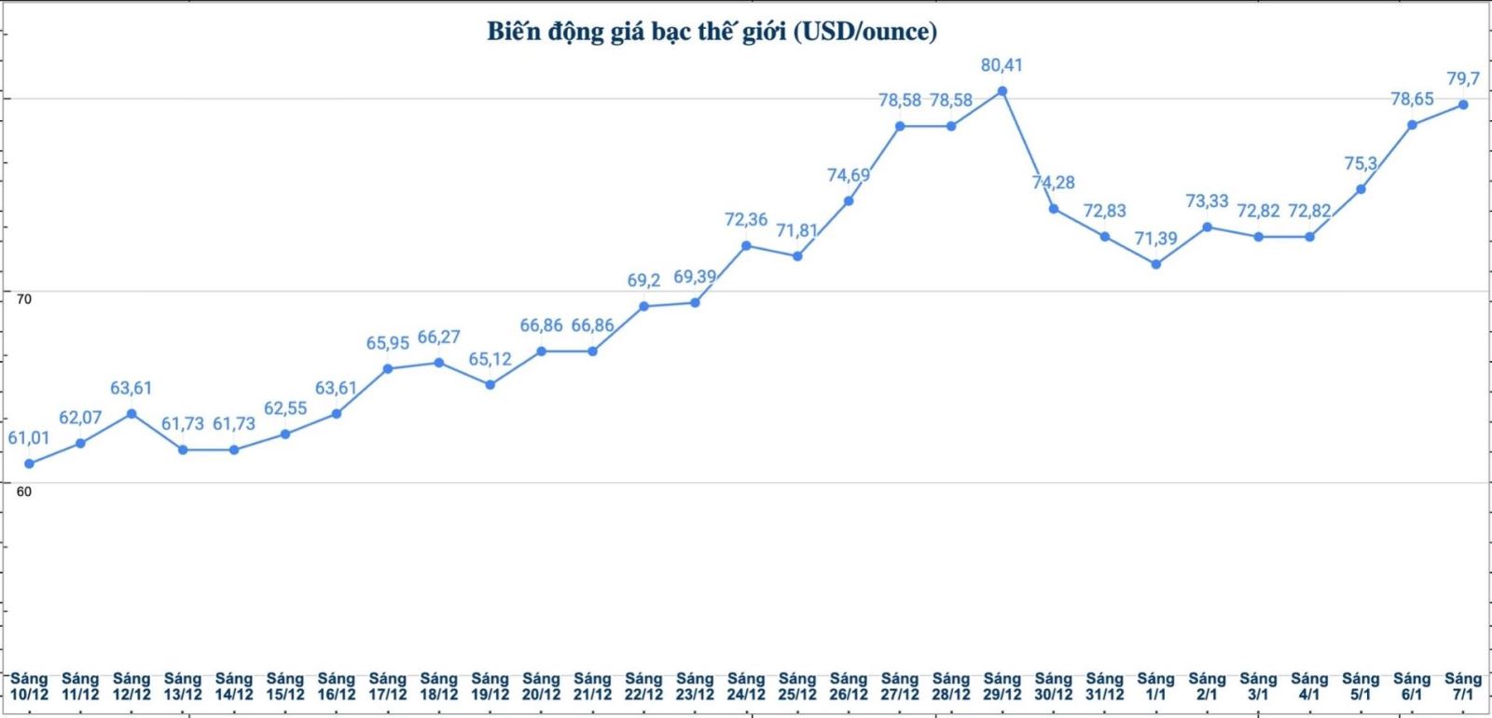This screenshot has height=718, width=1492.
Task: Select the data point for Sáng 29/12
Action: point(1002,91)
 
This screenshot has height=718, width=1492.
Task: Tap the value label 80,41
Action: point(1002,65)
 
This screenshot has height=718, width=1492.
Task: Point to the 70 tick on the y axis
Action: point(24,299)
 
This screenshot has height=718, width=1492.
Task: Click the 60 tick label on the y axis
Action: point(24,491)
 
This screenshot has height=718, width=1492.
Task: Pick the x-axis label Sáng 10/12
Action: point(29,686)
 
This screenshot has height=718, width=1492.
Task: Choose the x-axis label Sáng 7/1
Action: point(1463,686)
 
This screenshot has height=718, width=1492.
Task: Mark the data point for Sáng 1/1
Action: point(1156,264)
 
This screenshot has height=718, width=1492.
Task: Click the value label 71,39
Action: point(1156,239)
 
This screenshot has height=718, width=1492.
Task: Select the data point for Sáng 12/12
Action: point(131,413)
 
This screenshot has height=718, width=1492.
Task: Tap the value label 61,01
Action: point(29,438)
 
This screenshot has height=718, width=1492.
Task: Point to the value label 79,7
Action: point(1463,79)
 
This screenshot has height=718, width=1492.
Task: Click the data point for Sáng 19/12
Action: point(490,384)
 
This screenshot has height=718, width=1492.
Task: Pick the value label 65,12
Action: point(490,359)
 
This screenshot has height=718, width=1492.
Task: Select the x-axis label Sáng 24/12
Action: point(746,686)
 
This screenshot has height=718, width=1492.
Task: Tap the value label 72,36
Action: point(746,220)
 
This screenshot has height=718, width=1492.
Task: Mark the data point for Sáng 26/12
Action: point(849,200)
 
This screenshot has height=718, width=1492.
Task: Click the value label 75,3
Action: point(1361,164)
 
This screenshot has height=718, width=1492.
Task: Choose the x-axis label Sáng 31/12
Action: point(1105,686)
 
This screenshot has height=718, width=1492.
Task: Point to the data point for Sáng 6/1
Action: point(1412,124)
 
